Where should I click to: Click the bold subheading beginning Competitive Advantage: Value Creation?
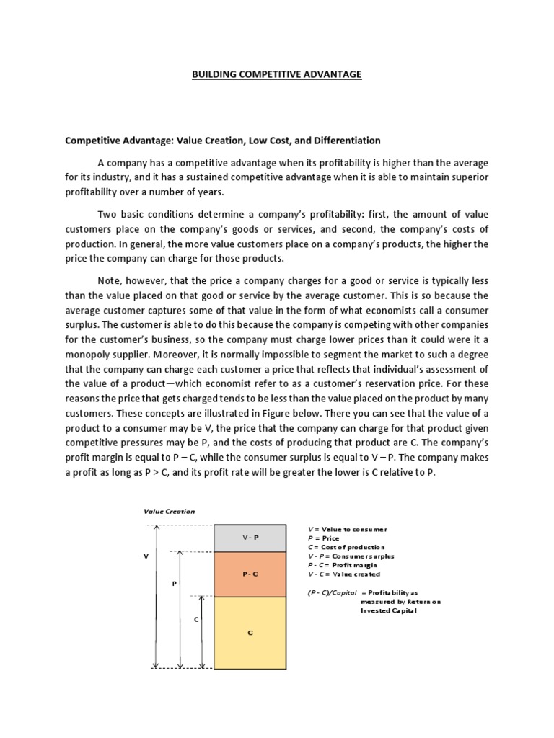click(223, 140)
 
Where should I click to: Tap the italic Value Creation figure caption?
click(169, 511)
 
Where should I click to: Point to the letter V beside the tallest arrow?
click(145, 556)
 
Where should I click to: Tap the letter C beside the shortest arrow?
click(196, 619)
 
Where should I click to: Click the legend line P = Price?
click(323, 538)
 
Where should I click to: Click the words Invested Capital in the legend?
click(390, 610)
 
